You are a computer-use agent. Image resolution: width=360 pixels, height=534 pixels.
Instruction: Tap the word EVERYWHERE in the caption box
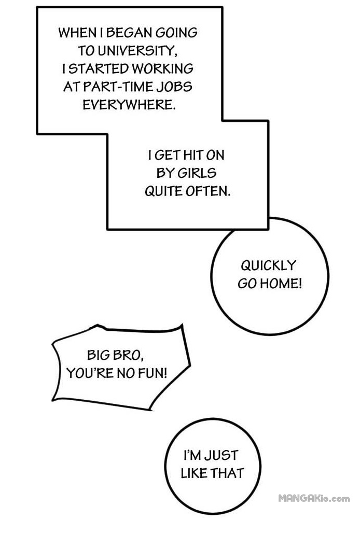[x=129, y=105]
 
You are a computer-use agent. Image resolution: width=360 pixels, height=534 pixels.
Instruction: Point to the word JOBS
[x=174, y=87]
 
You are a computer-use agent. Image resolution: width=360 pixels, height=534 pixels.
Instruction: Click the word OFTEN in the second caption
[x=207, y=191]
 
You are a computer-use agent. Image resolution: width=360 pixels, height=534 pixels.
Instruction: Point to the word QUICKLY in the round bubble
[x=268, y=265]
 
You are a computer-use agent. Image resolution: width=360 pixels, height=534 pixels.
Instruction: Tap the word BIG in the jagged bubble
[x=99, y=355]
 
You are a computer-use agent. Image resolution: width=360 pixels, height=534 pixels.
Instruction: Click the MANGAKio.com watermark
[x=314, y=499]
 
